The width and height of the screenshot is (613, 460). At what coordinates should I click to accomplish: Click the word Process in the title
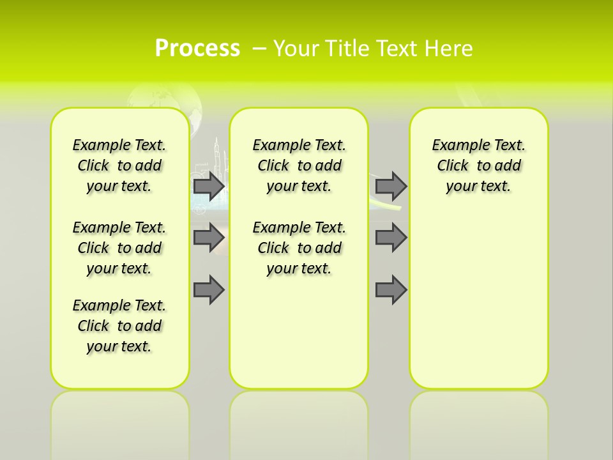pyautogui.click(x=197, y=49)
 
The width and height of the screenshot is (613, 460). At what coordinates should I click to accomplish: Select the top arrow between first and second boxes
pyautogui.click(x=209, y=186)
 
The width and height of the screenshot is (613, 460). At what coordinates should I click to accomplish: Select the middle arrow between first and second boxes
pyautogui.click(x=209, y=238)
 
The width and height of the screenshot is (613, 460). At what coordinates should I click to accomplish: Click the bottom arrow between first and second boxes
pyautogui.click(x=209, y=290)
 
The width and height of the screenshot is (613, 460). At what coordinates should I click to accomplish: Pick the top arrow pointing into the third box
pyautogui.click(x=391, y=186)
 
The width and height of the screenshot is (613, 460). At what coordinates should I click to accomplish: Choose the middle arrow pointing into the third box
pyautogui.click(x=391, y=238)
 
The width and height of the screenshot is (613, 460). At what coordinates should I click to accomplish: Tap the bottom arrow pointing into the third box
pyautogui.click(x=391, y=290)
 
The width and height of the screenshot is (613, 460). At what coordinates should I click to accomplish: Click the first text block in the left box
pyautogui.click(x=119, y=165)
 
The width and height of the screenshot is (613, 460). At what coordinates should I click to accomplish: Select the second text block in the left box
pyautogui.click(x=119, y=248)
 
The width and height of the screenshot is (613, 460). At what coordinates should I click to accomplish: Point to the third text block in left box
pyautogui.click(x=119, y=326)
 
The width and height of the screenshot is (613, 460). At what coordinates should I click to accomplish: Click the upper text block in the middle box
pyautogui.click(x=299, y=165)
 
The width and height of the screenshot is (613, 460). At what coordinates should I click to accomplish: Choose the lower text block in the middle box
pyautogui.click(x=299, y=248)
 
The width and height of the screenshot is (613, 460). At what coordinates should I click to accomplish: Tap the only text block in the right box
pyautogui.click(x=478, y=165)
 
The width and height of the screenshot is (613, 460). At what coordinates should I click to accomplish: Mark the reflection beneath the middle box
pyautogui.click(x=299, y=422)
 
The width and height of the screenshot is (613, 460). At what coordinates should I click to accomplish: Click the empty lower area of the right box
pyautogui.click(x=478, y=307)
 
